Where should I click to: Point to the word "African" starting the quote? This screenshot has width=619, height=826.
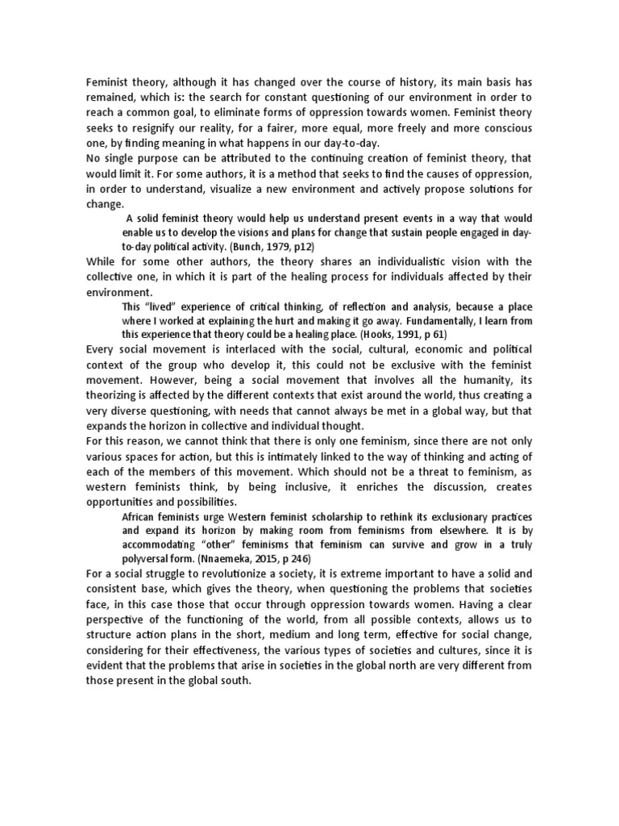tap(139, 515)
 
